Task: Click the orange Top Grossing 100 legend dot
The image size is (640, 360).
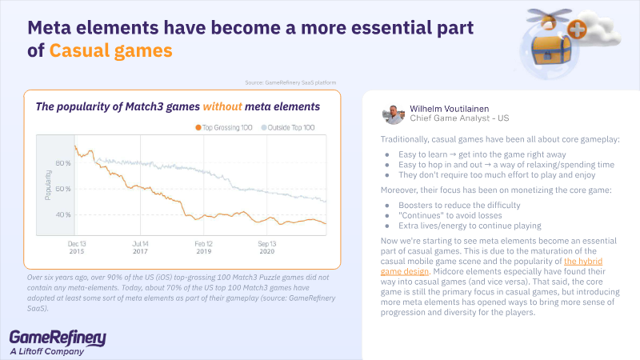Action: click(198, 127)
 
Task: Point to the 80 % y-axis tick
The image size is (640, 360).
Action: click(62, 164)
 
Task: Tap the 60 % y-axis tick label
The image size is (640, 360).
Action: click(62, 190)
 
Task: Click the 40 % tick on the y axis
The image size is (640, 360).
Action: click(62, 215)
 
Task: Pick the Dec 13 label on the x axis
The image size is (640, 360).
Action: click(77, 242)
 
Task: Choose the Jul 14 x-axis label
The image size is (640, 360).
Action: click(141, 242)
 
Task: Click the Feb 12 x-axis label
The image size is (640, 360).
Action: click(204, 242)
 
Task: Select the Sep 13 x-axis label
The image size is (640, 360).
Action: click(267, 242)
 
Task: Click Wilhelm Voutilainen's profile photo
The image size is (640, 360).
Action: click(393, 113)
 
